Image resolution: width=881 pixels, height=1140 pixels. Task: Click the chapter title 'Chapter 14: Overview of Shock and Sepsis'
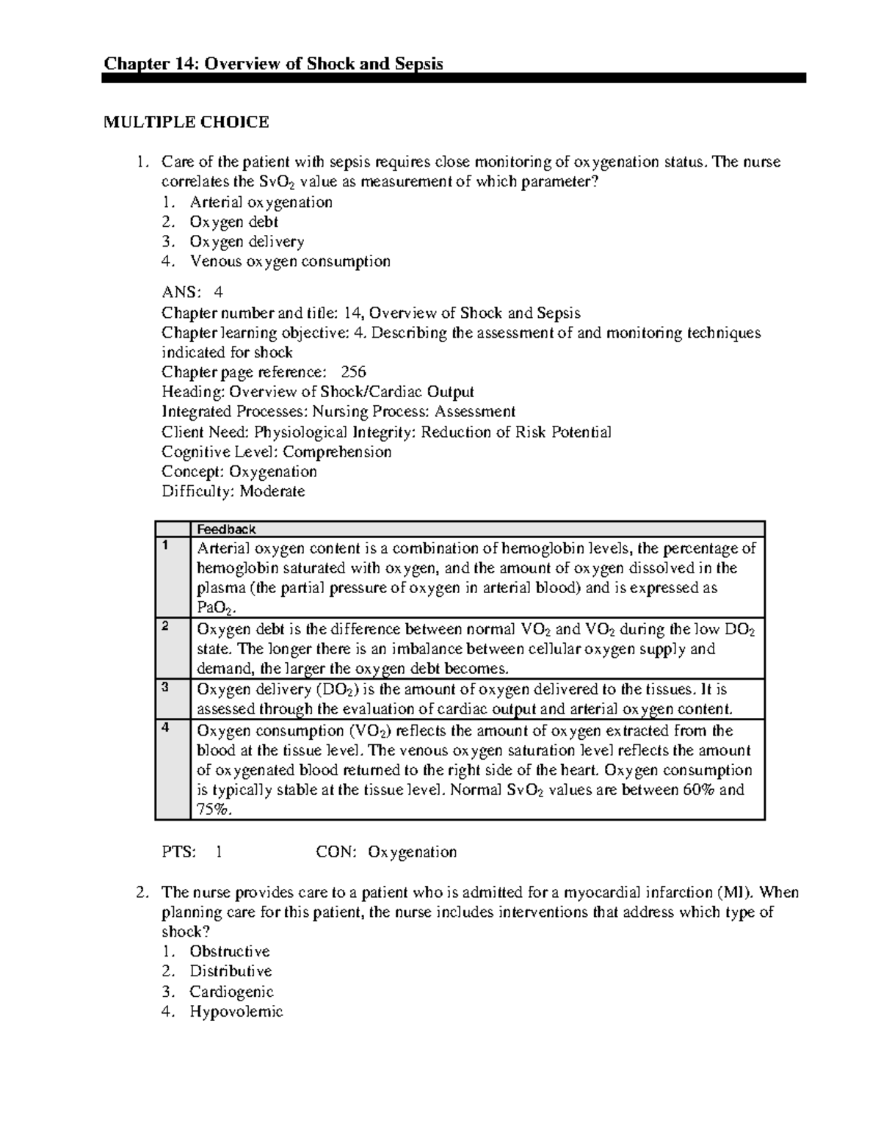coord(273,64)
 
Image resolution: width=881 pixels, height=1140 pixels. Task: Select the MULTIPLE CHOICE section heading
coord(186,122)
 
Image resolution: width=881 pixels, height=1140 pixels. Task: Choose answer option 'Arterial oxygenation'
coord(261,202)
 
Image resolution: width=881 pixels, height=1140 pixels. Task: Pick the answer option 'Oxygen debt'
coord(233,222)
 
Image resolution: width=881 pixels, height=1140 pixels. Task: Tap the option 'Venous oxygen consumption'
coord(289,261)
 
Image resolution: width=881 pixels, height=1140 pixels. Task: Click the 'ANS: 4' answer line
coord(192,293)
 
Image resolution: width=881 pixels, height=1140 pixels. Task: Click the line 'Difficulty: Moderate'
coord(233,491)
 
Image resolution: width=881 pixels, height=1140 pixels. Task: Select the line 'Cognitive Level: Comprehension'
coord(276,451)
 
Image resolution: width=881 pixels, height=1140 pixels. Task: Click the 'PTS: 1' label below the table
coord(192,852)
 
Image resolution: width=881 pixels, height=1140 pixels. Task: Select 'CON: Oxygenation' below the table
coord(386,852)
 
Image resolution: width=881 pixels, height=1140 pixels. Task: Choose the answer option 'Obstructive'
coord(229,951)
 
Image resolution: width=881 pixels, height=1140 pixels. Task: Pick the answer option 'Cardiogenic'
coord(231,992)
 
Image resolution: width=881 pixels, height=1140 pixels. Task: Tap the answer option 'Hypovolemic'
coord(236,1012)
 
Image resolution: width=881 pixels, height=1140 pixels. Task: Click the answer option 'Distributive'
coord(231,971)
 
